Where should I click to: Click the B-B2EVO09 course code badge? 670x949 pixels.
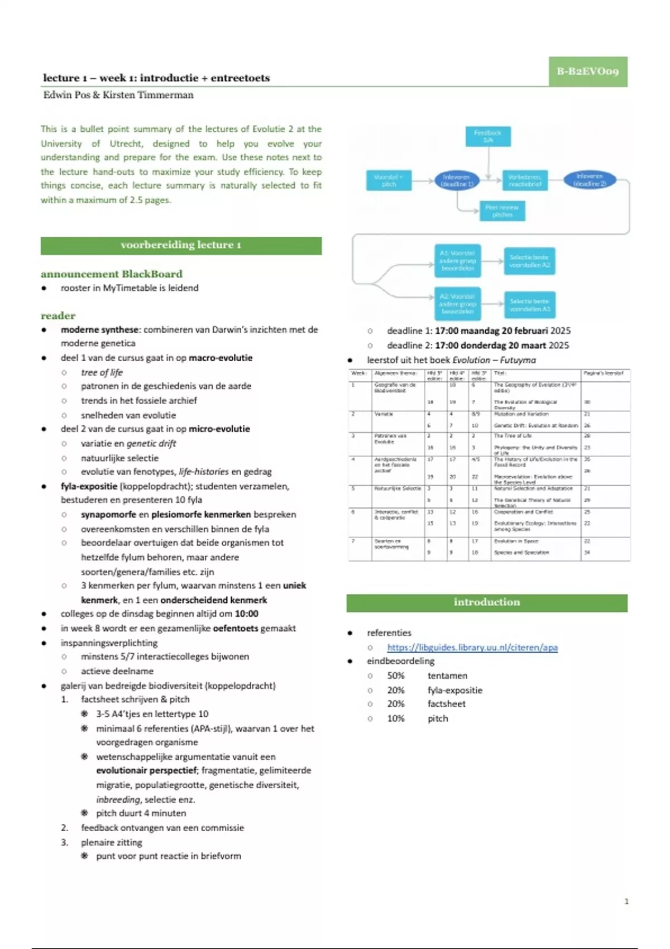point(587,71)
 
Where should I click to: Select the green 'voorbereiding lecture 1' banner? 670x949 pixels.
point(181,245)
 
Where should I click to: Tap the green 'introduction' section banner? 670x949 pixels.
point(486,602)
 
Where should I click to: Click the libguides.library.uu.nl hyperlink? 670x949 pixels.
point(472,648)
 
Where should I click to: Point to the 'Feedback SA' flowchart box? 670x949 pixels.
point(488,136)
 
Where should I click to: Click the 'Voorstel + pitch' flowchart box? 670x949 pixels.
point(389,180)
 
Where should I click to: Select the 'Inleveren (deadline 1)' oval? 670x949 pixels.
point(457,180)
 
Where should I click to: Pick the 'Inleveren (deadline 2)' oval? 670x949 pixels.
point(589,180)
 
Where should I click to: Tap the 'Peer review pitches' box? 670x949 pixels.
point(502,211)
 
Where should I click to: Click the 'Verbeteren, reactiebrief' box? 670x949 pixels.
point(525,180)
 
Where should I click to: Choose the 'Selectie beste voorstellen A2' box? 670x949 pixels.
point(529,261)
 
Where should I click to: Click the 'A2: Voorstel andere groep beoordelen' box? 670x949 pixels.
point(457,304)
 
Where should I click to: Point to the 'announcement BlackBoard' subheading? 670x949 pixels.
point(112,274)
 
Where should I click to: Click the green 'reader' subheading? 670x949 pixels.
point(58,316)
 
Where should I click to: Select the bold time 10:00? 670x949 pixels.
point(246,614)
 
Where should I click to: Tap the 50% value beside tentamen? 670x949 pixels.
point(396,676)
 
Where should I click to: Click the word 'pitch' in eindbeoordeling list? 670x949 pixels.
point(438,719)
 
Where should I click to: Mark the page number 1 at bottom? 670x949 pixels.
point(626,901)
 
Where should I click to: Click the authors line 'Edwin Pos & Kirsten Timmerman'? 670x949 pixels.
point(118,95)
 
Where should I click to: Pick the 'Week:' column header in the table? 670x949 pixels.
point(358,373)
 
